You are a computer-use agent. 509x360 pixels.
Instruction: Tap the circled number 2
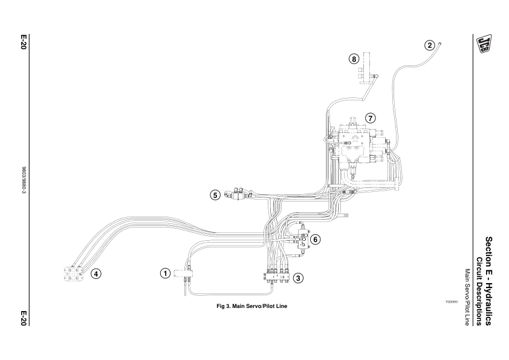pos(429,45)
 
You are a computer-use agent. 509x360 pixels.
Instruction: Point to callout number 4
pos(96,273)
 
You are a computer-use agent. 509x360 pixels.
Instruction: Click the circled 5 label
pos(215,195)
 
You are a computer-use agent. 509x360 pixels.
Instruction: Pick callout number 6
pos(315,239)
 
